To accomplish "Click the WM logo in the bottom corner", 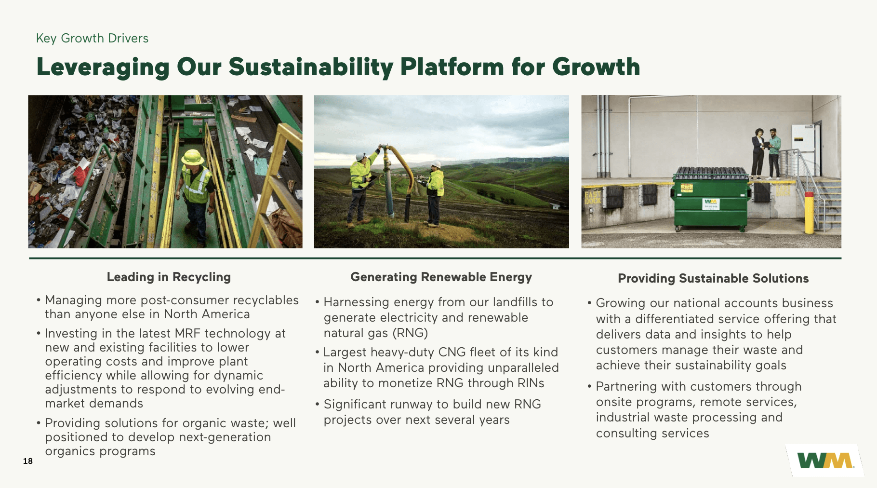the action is [x=825, y=461].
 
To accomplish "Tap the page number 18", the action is [x=28, y=461].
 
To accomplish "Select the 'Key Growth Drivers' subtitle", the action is [x=92, y=38].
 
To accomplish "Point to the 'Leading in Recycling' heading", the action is [x=169, y=277].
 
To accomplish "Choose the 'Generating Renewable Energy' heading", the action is [x=441, y=277].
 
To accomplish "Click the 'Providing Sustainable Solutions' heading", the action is [x=713, y=278].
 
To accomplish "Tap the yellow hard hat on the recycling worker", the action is [x=193, y=157].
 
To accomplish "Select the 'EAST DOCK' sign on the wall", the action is [x=592, y=197].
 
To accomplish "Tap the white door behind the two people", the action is [x=803, y=149].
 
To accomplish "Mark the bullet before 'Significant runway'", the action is [x=318, y=404].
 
